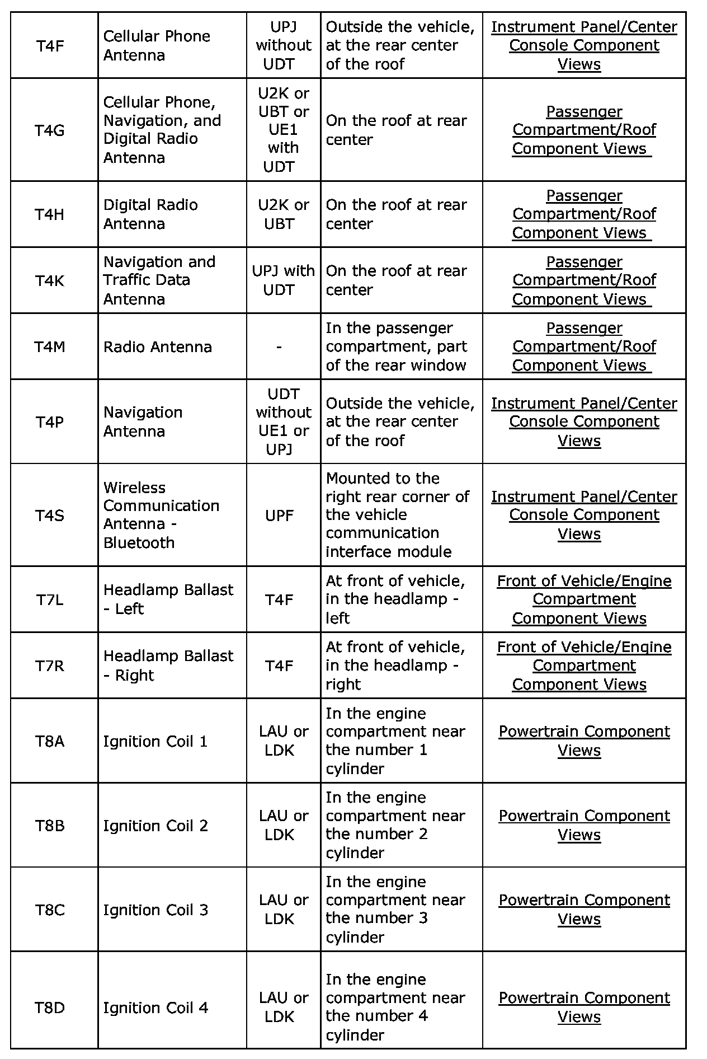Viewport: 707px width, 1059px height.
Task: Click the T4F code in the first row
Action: (x=50, y=45)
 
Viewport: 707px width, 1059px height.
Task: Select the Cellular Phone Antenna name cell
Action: (x=157, y=45)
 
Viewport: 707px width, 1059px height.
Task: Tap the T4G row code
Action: (x=50, y=130)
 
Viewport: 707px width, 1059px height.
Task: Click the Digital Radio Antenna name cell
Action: (x=150, y=214)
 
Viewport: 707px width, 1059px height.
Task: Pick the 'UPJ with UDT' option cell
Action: (x=283, y=280)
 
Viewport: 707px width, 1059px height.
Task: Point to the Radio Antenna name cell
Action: (x=157, y=346)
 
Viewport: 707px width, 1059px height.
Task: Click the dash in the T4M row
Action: (x=279, y=346)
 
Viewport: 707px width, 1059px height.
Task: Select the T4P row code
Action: (x=50, y=421)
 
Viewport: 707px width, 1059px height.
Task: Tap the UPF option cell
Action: (x=279, y=515)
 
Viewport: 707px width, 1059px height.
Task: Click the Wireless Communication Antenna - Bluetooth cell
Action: (x=161, y=515)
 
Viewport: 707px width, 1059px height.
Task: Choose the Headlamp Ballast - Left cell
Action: (x=168, y=599)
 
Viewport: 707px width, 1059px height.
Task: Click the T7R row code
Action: (x=50, y=666)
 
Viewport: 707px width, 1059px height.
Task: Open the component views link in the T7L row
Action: (x=584, y=599)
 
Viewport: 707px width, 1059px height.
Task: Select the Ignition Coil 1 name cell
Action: (x=155, y=741)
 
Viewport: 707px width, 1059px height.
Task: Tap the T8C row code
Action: (x=50, y=910)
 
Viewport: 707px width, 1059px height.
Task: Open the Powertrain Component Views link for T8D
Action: (x=584, y=1007)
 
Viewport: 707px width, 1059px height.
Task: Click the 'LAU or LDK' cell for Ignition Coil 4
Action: (x=283, y=1007)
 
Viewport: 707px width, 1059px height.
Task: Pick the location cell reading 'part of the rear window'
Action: (x=396, y=346)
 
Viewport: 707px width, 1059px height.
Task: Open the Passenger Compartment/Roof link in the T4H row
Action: (x=584, y=214)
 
